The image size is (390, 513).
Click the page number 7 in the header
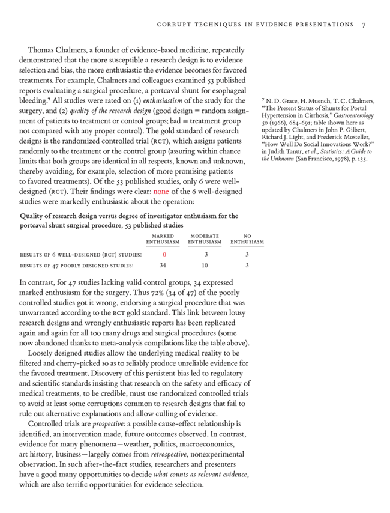pos(364,25)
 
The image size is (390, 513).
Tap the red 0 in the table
pos(164,255)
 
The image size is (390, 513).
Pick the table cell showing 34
pos(163,264)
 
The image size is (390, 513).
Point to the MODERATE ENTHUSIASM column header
pos(204,239)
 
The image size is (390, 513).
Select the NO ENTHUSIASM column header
pos(247,239)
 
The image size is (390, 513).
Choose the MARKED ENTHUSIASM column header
pos(163,239)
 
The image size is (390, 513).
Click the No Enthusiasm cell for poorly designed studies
pos(247,264)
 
